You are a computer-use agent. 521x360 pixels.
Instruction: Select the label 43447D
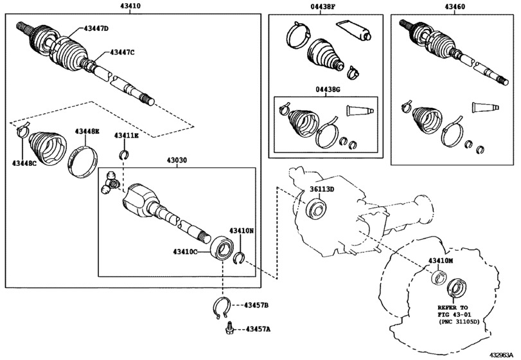pos(96,28)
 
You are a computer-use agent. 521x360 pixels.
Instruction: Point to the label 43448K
pos(87,131)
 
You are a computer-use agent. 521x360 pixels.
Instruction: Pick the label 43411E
pos(127,136)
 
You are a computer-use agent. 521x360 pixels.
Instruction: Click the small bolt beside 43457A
pos(229,328)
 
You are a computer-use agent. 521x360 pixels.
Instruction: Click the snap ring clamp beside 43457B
pos(221,307)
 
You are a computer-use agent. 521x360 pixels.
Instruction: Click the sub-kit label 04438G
pos(326,89)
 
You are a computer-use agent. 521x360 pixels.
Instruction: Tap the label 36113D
pos(322,190)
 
